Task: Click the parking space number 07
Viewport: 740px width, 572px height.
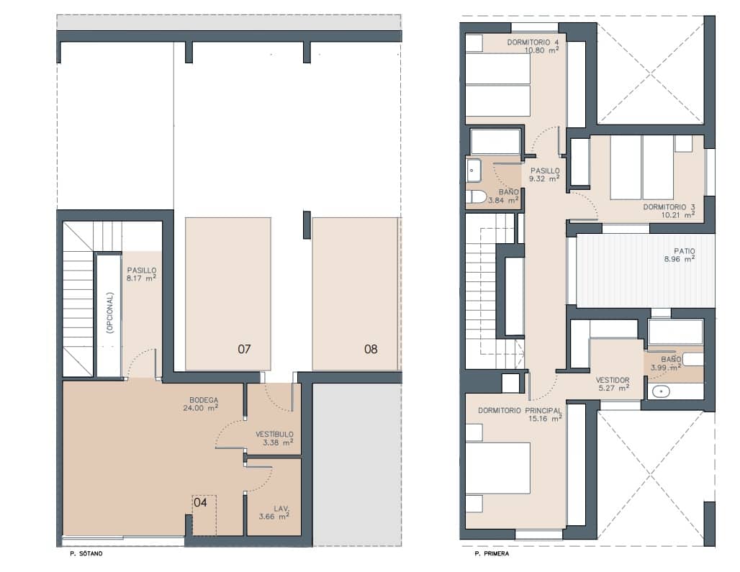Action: click(x=244, y=350)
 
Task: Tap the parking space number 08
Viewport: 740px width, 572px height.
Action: click(x=371, y=350)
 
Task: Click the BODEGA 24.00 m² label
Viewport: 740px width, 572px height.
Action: click(x=204, y=404)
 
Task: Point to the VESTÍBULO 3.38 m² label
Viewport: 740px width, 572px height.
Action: click(x=274, y=438)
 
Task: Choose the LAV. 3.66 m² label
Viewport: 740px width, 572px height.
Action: click(x=274, y=512)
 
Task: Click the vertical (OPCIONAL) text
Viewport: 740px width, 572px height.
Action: click(x=109, y=313)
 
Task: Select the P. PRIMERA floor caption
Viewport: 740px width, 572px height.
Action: click(x=491, y=554)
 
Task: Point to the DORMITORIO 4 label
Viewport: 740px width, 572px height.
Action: click(x=533, y=46)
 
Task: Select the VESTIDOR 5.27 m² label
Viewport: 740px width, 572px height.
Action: click(x=613, y=384)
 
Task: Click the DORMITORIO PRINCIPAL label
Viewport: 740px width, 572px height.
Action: click(x=520, y=414)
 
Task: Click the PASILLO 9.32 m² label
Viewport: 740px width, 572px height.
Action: click(x=544, y=175)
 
